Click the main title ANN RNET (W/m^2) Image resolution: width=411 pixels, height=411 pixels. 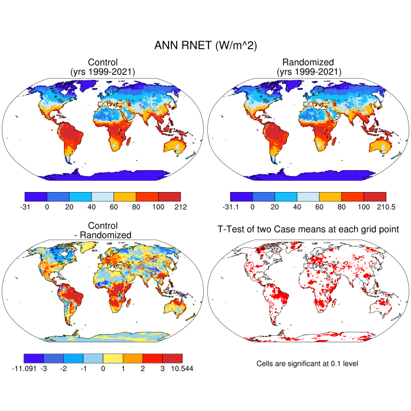tap(206, 45)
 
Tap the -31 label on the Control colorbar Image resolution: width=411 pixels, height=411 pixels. tap(25, 207)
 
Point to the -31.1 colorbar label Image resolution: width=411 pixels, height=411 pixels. tap(231, 207)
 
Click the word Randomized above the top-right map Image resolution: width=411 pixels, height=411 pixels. tap(308, 62)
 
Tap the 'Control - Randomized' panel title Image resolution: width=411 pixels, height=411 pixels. tap(103, 230)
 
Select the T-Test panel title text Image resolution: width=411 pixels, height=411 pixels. tap(308, 228)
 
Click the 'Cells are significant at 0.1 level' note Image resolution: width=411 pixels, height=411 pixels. tap(307, 363)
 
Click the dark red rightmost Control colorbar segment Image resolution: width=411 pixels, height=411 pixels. tap(169, 197)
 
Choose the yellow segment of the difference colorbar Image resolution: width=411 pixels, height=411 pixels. tap(113, 358)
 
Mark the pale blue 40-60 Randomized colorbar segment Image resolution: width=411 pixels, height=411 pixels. tap(308, 197)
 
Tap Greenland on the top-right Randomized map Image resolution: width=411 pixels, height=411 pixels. tap(291, 88)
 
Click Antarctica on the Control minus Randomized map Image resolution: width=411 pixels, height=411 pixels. tap(103, 336)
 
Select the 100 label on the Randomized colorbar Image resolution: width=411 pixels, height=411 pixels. tap(363, 207)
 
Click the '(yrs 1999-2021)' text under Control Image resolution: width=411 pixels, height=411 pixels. tap(103, 72)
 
